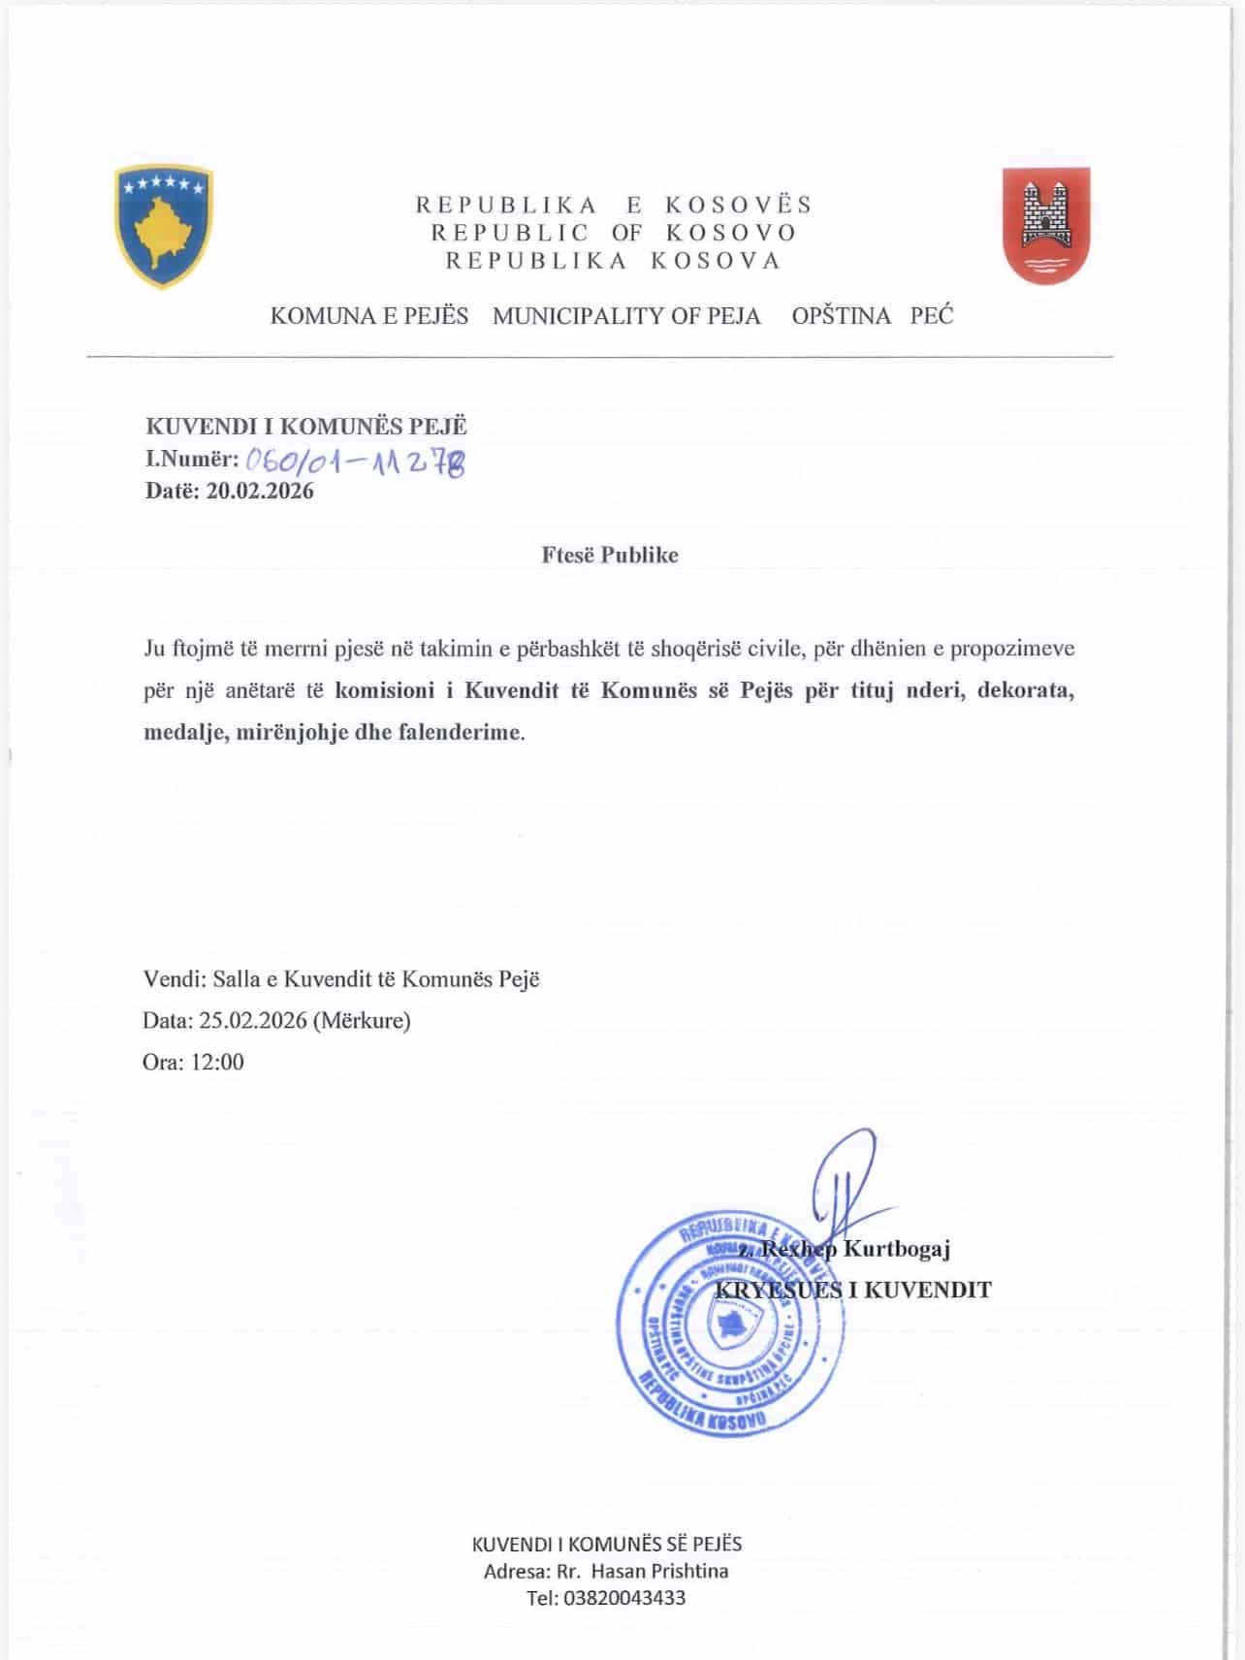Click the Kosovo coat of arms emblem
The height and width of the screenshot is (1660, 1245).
pyautogui.click(x=164, y=226)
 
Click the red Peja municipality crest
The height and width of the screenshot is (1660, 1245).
pyautogui.click(x=1045, y=225)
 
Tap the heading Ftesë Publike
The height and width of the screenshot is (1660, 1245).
pyautogui.click(x=610, y=556)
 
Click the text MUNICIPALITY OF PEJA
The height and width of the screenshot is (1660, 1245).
pyautogui.click(x=626, y=316)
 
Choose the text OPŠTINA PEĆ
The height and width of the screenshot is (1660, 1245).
pyautogui.click(x=872, y=316)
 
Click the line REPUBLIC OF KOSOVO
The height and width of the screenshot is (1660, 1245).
pyautogui.click(x=614, y=233)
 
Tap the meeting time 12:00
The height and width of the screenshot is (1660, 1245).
pyautogui.click(x=217, y=1062)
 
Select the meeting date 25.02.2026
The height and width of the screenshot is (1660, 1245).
pyautogui.click(x=253, y=1020)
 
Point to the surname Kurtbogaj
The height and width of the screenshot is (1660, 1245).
pyautogui.click(x=896, y=1249)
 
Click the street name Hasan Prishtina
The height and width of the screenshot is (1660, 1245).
pyautogui.click(x=659, y=1571)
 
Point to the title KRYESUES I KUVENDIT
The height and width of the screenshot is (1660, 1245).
pyautogui.click(x=853, y=1290)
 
